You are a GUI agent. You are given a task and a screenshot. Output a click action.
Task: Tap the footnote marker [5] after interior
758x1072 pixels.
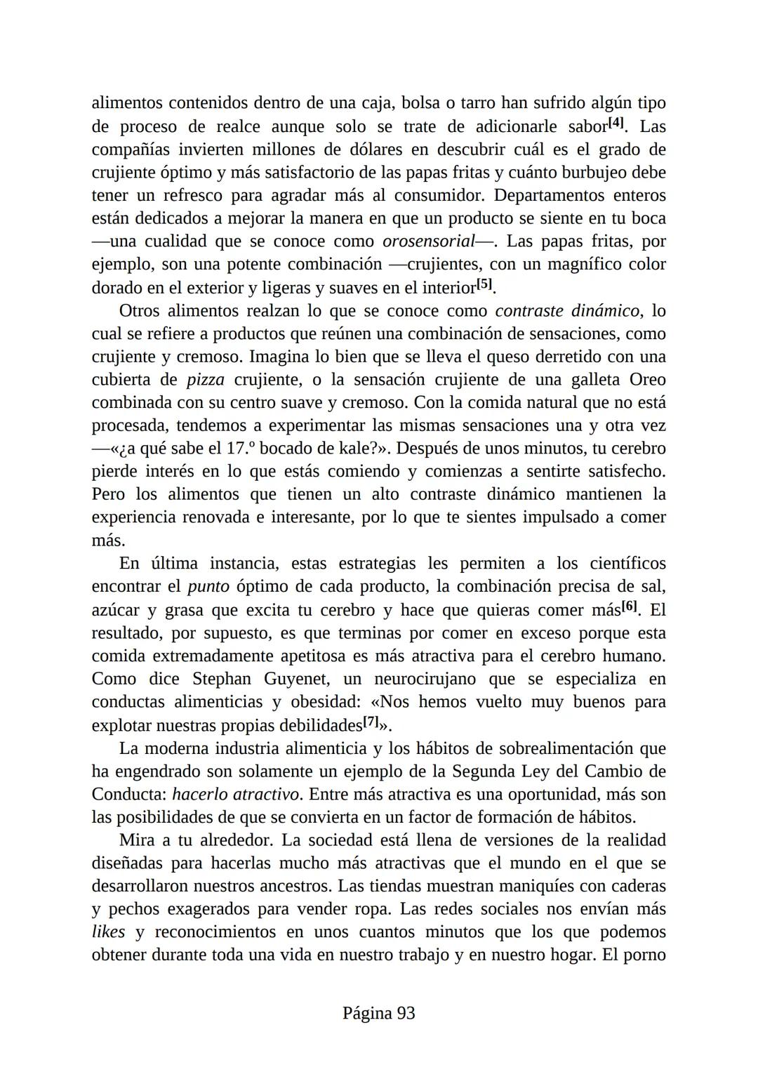[485, 285]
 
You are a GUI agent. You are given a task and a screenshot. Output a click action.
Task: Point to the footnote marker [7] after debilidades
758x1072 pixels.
[370, 722]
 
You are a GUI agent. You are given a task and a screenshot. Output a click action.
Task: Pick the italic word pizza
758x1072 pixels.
[206, 380]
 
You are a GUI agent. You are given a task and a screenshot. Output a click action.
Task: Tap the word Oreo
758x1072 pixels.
[647, 380]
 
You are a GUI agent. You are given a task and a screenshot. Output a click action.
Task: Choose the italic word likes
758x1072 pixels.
[108, 932]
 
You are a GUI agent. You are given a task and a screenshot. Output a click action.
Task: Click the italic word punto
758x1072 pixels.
[208, 586]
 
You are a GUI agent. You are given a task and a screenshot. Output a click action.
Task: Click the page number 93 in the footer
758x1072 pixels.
[406, 1013]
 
